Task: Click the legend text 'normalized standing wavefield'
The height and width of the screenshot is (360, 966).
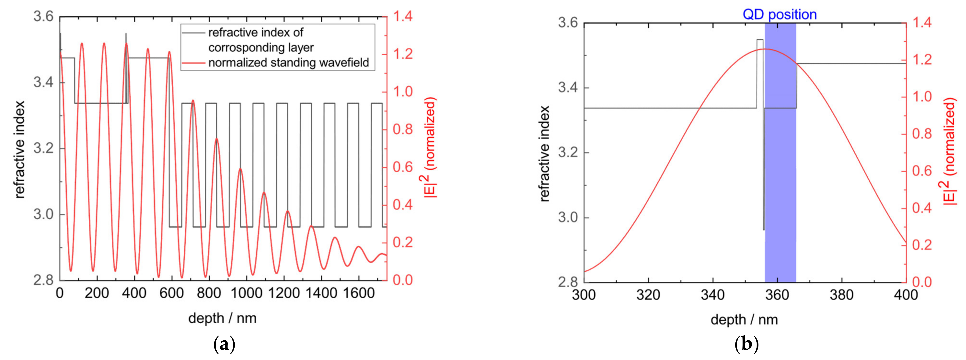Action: (288, 62)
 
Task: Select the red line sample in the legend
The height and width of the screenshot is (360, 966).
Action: (193, 63)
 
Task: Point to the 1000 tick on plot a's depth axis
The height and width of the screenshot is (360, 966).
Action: (246, 293)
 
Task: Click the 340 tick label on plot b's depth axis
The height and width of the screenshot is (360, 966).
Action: (712, 295)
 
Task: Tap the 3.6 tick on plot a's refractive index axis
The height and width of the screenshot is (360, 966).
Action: (44, 17)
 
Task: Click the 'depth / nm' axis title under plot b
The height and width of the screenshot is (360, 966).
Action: (744, 319)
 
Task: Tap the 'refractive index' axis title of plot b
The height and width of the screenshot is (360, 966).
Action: (544, 153)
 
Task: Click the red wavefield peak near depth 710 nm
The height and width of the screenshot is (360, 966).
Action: (193, 100)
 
